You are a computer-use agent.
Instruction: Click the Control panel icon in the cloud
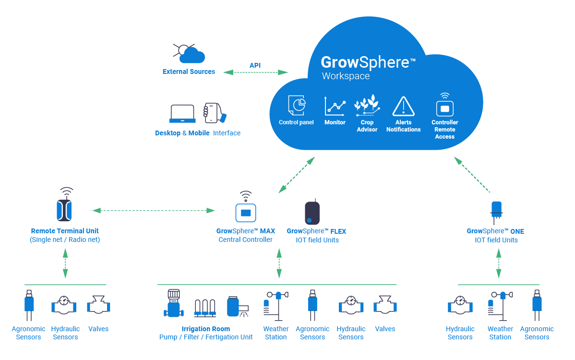point(297,105)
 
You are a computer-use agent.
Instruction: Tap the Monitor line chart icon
point(335,106)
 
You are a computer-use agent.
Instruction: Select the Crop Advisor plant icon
point(367,105)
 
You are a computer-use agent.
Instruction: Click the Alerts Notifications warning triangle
point(403,106)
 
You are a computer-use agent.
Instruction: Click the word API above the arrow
point(255,65)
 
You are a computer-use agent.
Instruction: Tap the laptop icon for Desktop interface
point(182,114)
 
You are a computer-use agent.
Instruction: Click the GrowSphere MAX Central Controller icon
point(246,211)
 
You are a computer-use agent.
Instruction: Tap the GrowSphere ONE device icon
point(496,210)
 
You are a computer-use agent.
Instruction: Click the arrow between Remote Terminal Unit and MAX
point(153,210)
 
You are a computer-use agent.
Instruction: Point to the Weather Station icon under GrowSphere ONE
point(499,305)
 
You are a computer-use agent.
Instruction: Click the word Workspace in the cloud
point(346,76)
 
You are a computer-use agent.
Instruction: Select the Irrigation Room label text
point(206,329)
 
